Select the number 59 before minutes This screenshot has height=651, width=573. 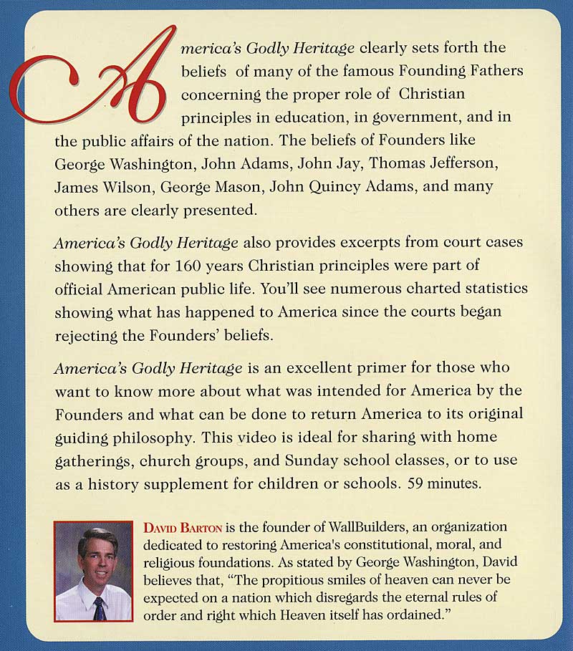tap(418, 483)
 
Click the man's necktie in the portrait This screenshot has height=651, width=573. tap(100, 608)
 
